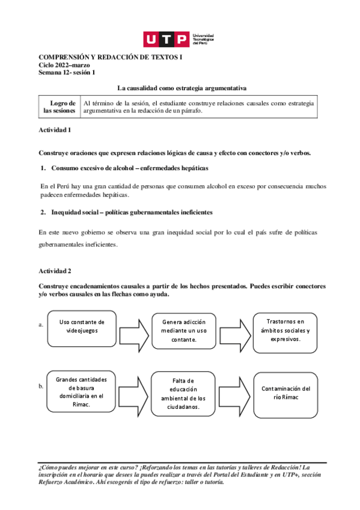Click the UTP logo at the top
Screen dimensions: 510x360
(x=179, y=40)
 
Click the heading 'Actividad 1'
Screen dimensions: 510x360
(x=55, y=130)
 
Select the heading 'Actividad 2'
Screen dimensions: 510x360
(x=55, y=271)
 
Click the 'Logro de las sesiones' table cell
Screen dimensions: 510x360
(x=59, y=106)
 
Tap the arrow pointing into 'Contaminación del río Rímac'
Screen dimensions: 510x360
(x=235, y=393)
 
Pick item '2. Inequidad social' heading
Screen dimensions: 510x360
(x=126, y=212)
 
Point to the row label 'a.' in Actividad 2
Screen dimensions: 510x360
(x=41, y=325)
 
